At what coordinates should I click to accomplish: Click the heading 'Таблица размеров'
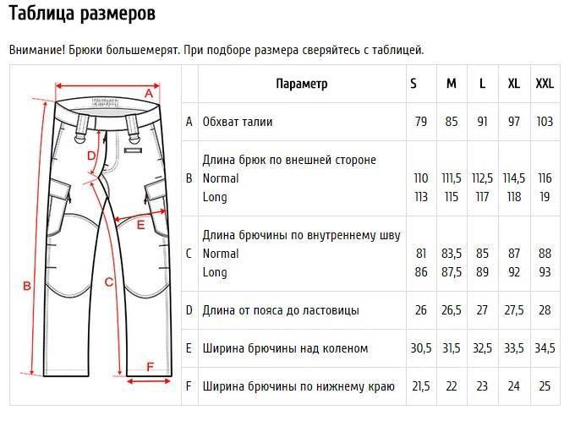pyautogui.click(x=82, y=14)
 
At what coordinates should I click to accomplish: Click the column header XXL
pyautogui.click(x=545, y=84)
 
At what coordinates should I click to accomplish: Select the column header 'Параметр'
pyautogui.click(x=301, y=84)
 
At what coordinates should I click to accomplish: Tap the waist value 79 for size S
pyautogui.click(x=420, y=122)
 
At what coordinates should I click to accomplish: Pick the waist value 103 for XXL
pyautogui.click(x=545, y=122)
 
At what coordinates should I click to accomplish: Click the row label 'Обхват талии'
pyautogui.click(x=237, y=122)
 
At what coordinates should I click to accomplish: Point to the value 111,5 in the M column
pyautogui.click(x=452, y=178)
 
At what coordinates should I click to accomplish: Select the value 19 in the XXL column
pyautogui.click(x=545, y=197)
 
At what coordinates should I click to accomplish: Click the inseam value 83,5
pyautogui.click(x=452, y=254)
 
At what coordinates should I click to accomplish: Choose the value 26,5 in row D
pyautogui.click(x=452, y=310)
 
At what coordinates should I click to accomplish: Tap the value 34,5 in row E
pyautogui.click(x=545, y=348)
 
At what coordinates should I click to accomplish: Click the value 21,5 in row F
pyautogui.click(x=420, y=386)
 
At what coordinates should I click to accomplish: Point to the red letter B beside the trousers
pyautogui.click(x=26, y=286)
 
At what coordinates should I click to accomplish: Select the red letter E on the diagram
pyautogui.click(x=141, y=226)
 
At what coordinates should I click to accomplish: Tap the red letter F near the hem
pyautogui.click(x=151, y=367)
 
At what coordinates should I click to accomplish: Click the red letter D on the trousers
pyautogui.click(x=91, y=155)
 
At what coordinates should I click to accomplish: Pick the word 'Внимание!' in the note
pyautogui.click(x=36, y=50)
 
